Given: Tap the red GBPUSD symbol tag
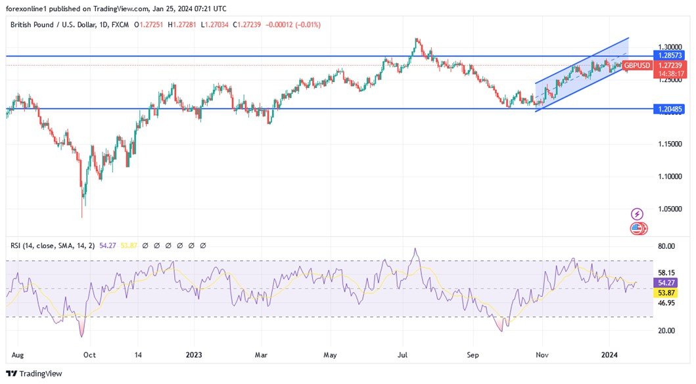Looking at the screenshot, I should coord(637,66).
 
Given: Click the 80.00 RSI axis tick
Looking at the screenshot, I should coord(666,246).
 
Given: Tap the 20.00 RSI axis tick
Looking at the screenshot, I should coord(666,330).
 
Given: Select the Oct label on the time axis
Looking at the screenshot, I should coord(90,354).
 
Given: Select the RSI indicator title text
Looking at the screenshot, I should coord(53,245).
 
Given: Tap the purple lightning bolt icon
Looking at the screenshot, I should coord(637,214).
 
